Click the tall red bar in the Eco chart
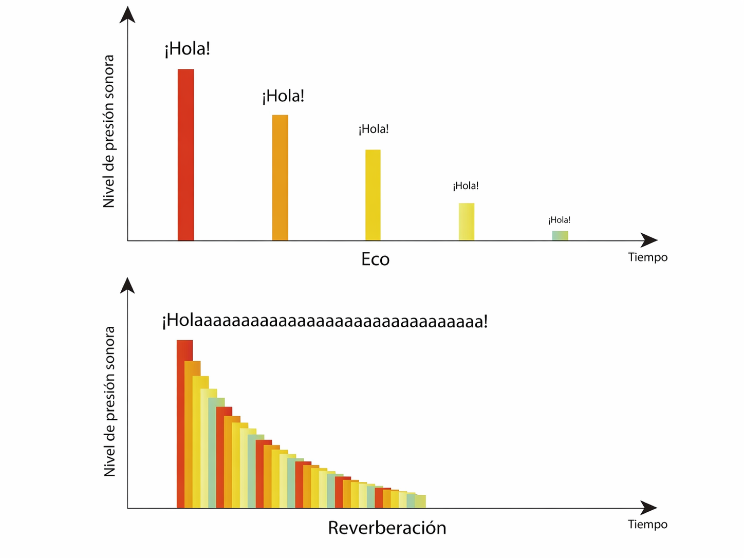click(186, 155)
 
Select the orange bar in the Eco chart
click(280, 178)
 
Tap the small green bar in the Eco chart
click(560, 235)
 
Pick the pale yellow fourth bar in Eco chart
click(467, 221)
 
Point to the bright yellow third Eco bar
click(373, 195)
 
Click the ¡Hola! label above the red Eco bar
click(188, 49)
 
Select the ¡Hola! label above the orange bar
click(283, 97)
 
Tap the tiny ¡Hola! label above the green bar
click(559, 220)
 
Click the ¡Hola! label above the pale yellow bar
click(466, 186)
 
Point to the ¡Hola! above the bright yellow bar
click(374, 129)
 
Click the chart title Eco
click(375, 259)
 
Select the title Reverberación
click(387, 528)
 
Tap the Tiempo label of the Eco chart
click(648, 257)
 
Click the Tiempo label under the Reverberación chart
click(648, 525)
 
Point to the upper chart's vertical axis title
click(109, 131)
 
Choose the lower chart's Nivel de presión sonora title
click(109, 401)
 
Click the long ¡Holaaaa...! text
click(325, 321)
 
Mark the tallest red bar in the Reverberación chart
click(184, 423)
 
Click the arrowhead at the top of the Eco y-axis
click(127, 14)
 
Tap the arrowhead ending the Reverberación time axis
click(649, 508)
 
